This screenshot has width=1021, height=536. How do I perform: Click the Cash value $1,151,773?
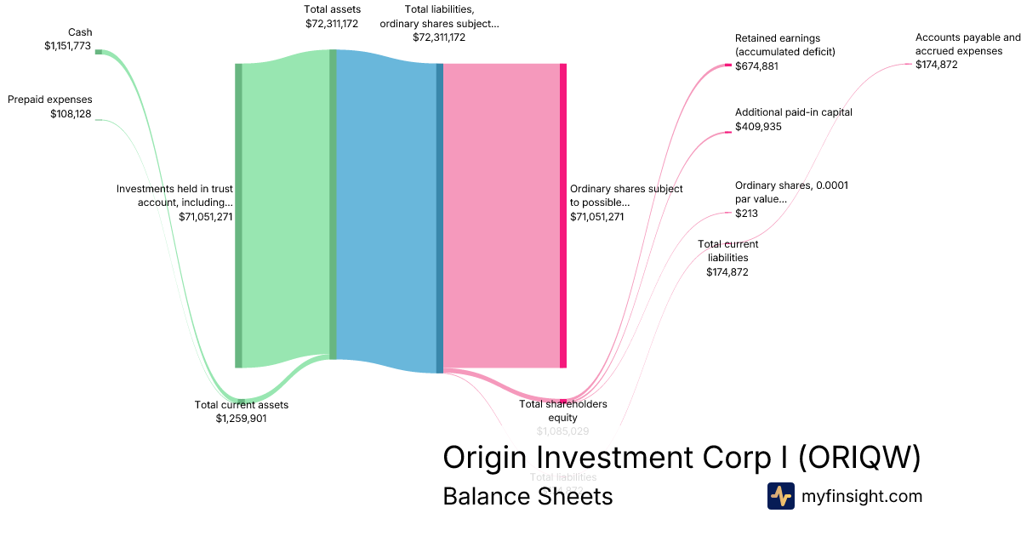(x=67, y=46)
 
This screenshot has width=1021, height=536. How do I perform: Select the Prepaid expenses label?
(x=50, y=100)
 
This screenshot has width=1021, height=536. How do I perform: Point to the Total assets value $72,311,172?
(x=332, y=23)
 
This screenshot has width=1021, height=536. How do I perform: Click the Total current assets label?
(x=242, y=404)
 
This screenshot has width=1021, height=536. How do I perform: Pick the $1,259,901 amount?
(x=242, y=418)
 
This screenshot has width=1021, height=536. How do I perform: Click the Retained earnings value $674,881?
(x=756, y=66)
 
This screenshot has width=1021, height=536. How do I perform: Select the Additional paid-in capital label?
(x=793, y=112)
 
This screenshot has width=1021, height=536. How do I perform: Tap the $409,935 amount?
(x=758, y=126)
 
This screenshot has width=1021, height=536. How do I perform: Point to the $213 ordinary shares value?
(x=746, y=213)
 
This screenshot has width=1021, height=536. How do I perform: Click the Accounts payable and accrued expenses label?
(x=967, y=44)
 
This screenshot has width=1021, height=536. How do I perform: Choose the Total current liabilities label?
(x=727, y=251)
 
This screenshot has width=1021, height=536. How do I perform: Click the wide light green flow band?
(x=285, y=213)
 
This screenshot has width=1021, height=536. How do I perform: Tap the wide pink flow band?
(x=502, y=213)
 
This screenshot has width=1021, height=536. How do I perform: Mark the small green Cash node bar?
(x=98, y=52)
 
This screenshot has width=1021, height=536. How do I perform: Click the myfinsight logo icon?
(x=780, y=495)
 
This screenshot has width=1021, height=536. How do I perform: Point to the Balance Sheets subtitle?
(x=528, y=495)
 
